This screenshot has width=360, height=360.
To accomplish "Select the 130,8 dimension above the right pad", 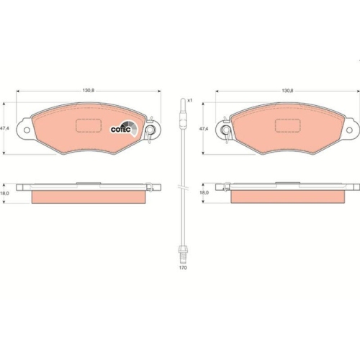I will tap(287, 91).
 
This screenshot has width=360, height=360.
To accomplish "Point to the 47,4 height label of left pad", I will tap(6, 128).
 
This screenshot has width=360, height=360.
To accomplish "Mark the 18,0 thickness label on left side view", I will tap(6, 193).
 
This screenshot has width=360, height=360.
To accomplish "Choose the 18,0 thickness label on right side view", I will tap(204, 193).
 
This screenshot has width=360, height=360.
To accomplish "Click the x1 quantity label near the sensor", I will tap(191, 102).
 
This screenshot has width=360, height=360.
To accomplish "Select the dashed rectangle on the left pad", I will tap(88, 125).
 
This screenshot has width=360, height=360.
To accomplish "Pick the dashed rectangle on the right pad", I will tap(287, 125).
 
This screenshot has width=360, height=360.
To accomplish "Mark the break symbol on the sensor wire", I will tap(183, 189).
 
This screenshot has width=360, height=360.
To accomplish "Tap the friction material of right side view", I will tap(287, 197).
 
